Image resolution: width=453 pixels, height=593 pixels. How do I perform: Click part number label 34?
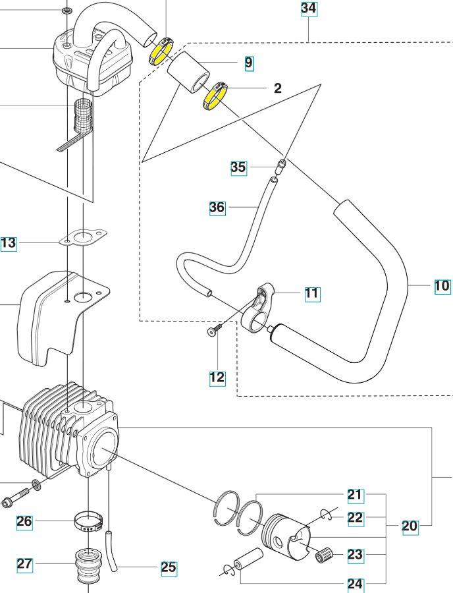tap(309, 9)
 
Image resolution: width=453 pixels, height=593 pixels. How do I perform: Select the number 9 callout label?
tap(248, 63)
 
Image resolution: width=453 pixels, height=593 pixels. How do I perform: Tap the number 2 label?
tap(278, 88)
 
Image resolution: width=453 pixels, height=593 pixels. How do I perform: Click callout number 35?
tap(238, 167)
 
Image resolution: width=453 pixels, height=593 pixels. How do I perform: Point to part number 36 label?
tap(217, 208)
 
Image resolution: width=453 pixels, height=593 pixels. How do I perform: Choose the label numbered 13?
tap(8, 243)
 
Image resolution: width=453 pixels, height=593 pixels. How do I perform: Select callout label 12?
tap(217, 378)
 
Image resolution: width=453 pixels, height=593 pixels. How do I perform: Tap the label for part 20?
tap(410, 526)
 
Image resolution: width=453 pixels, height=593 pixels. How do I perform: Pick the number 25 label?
tap(169, 567)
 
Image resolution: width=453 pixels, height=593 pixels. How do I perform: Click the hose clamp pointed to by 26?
tap(88, 522)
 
